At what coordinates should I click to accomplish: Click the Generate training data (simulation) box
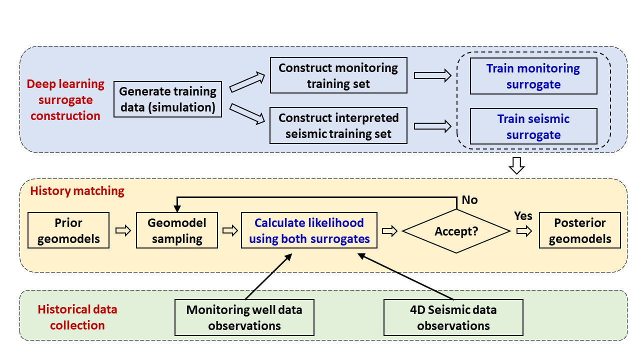167,99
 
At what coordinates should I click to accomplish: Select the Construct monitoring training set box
338,75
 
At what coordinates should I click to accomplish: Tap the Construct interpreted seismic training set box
338,125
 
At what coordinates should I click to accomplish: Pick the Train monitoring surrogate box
533,76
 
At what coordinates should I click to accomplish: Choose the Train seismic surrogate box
533,126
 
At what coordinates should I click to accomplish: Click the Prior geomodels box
68,230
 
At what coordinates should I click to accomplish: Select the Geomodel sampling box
177,230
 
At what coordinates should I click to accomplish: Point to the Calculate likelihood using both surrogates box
309,230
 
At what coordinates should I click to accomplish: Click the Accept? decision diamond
456,231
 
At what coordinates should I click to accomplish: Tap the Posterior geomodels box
579,230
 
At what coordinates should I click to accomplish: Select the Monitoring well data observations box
244,317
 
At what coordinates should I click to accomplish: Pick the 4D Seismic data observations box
453,317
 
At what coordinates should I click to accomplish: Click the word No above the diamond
469,200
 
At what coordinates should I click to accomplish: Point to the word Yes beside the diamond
523,216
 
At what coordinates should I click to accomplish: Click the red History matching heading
77,191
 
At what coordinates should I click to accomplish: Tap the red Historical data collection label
77,317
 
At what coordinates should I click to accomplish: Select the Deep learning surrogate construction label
65,99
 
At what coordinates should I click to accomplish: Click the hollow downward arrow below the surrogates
516,165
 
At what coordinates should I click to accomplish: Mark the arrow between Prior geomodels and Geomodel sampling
123,230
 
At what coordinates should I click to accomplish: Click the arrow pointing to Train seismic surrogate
432,126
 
